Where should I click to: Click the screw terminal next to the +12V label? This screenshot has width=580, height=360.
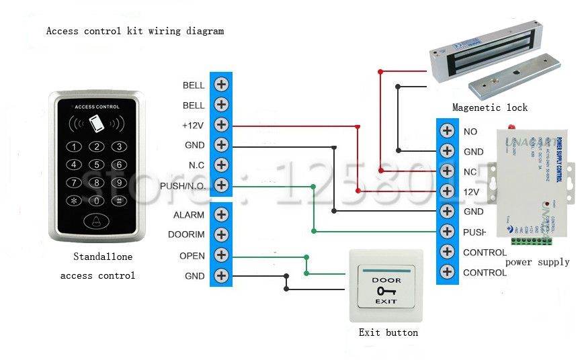[221, 125]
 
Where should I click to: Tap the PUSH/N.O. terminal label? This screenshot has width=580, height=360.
[183, 186]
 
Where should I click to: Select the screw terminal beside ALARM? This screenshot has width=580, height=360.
[221, 215]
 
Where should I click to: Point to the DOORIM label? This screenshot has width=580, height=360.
[189, 235]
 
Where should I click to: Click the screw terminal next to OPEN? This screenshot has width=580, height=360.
[221, 255]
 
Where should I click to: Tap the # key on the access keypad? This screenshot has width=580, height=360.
[119, 200]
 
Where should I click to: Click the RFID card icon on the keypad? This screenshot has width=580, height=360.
[97, 124]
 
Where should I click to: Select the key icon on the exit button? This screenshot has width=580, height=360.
[386, 291]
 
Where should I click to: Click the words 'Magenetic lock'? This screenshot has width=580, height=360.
[489, 107]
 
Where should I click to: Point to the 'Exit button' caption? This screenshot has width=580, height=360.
[388, 332]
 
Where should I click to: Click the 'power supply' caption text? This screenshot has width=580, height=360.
[537, 262]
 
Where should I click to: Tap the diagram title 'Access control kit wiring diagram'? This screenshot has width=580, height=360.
[134, 31]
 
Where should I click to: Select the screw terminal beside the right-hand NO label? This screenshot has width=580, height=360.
[446, 132]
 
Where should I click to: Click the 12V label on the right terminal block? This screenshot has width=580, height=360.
[471, 192]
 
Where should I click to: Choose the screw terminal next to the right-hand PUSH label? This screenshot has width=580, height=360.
[446, 232]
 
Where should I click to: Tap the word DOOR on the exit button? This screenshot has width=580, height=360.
[386, 280]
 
